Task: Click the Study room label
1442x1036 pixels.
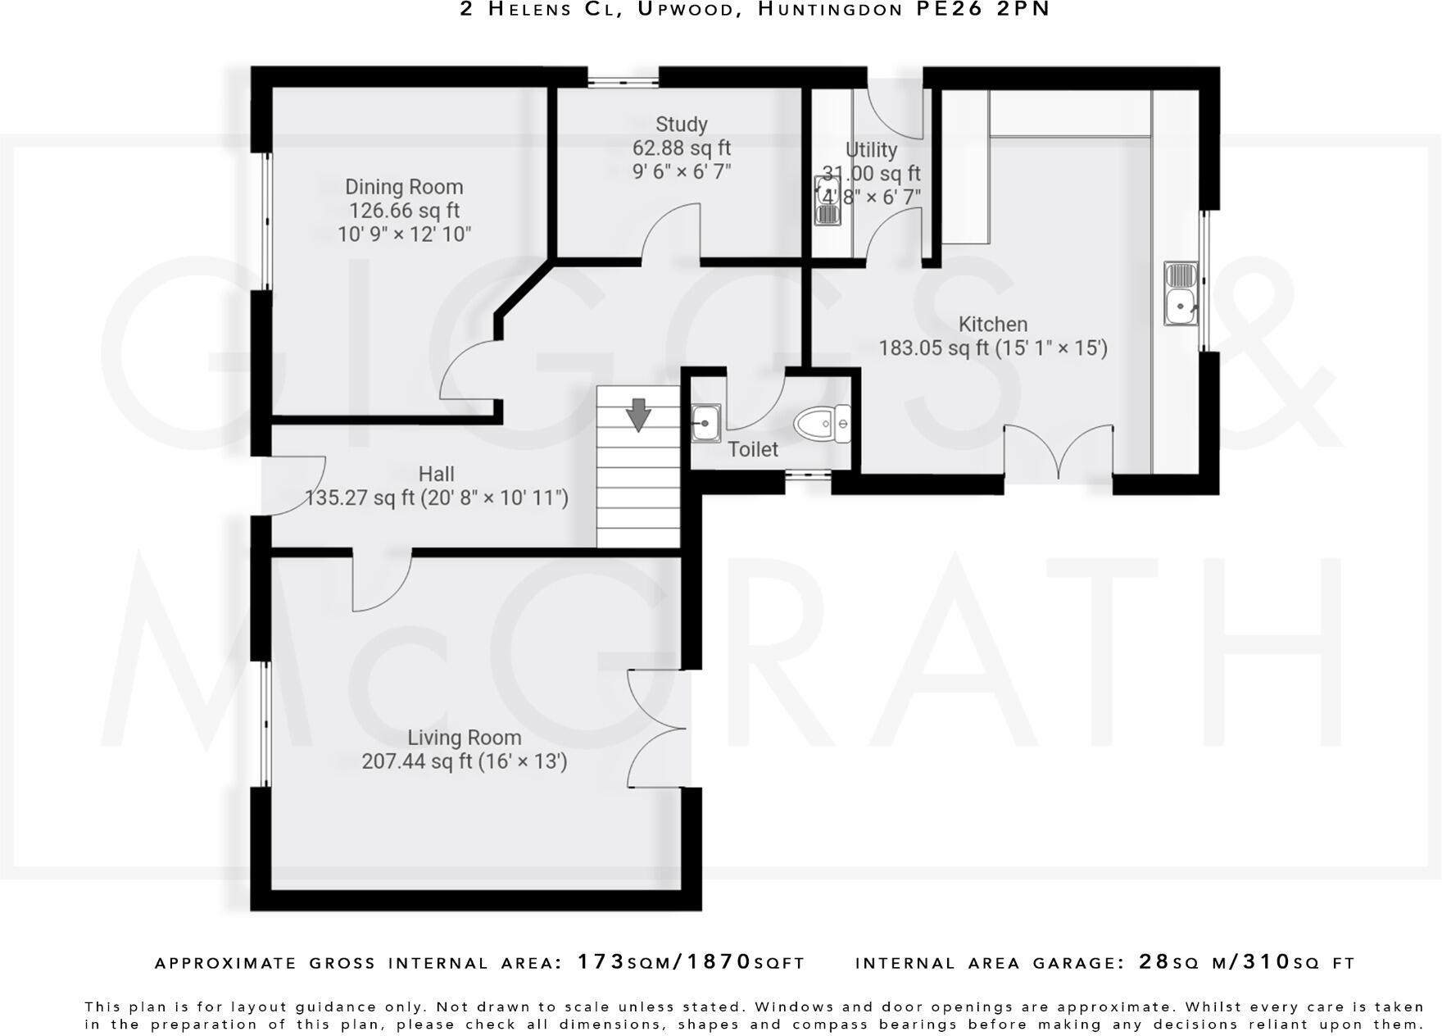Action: click(x=681, y=125)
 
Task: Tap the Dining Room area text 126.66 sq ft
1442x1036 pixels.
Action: click(x=404, y=211)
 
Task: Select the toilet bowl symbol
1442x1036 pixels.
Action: click(x=822, y=424)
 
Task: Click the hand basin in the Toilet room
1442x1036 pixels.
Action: click(x=705, y=423)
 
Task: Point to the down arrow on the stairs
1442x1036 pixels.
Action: click(x=637, y=415)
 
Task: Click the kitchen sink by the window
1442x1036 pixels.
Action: click(x=1181, y=293)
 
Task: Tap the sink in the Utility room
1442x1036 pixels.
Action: click(x=828, y=201)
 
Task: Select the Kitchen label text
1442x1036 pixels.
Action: click(x=992, y=325)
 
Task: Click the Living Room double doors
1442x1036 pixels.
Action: click(x=656, y=729)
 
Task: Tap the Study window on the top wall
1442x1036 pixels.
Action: click(x=624, y=80)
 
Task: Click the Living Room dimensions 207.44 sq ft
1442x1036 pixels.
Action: click(x=464, y=761)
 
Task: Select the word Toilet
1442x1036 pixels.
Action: click(x=752, y=449)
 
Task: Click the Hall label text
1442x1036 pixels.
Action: click(x=436, y=474)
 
